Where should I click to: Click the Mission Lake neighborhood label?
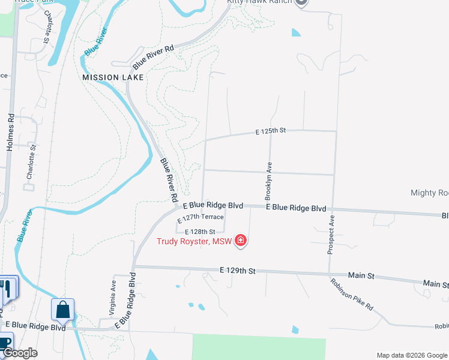(x=113, y=77)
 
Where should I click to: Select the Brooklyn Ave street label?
(x=269, y=180)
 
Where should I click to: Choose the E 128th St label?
(x=200, y=232)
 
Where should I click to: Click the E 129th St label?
(x=238, y=271)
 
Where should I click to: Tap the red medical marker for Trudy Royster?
(x=241, y=241)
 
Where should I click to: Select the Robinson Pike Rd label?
(x=352, y=294)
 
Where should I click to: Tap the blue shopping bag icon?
(x=62, y=310)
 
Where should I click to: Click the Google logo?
(x=20, y=353)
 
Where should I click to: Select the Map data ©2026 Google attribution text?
(x=411, y=355)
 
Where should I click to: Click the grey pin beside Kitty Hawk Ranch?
(x=302, y=2)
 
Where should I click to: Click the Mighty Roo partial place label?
(x=429, y=193)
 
